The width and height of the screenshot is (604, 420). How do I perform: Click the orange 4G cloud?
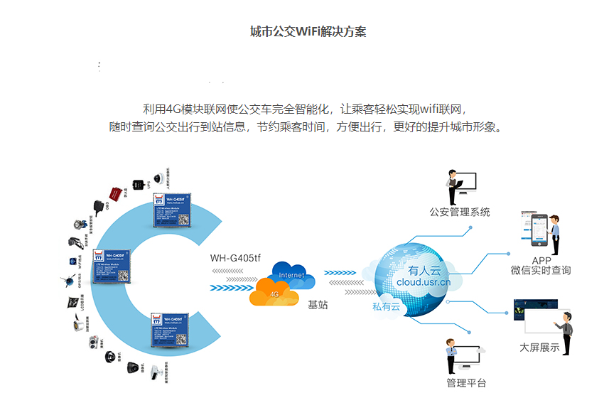274,291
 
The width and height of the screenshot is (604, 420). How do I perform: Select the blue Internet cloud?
292,274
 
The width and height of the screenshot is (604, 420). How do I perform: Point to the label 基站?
317,304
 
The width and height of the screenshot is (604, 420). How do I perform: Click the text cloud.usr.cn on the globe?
424,282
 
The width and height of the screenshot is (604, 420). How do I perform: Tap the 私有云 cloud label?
387,307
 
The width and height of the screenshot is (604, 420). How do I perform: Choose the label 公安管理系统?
460,212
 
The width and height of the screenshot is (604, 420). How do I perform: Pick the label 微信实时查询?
540,271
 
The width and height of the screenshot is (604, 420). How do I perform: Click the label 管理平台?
466,383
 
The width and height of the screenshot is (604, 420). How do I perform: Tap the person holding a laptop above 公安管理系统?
451,188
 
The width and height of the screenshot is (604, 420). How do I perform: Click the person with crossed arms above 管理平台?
451,356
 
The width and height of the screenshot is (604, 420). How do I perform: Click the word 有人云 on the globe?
424,270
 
